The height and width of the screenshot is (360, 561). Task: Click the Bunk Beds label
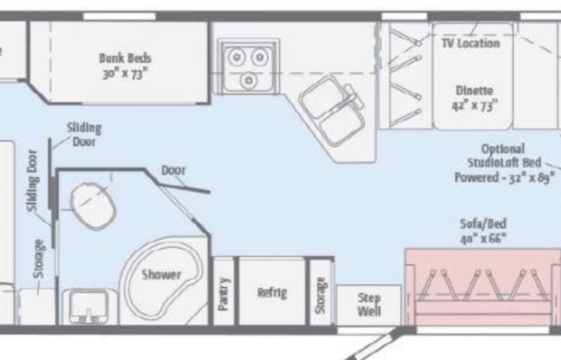pyautogui.click(x=124, y=57)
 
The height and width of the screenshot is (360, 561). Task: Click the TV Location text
pyautogui.click(x=470, y=43)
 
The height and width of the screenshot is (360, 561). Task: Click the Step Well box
pyautogui.click(x=368, y=305)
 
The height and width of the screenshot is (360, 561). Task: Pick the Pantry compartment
pyautogui.click(x=223, y=294)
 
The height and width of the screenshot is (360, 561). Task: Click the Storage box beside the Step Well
pyautogui.click(x=320, y=295)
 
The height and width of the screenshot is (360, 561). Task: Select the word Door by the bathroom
pyautogui.click(x=173, y=170)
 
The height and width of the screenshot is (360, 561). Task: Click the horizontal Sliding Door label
pyautogui.click(x=84, y=134)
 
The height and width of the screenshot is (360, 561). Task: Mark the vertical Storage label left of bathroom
pyautogui.click(x=38, y=259)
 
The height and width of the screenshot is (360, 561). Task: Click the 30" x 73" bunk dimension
pyautogui.click(x=124, y=74)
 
